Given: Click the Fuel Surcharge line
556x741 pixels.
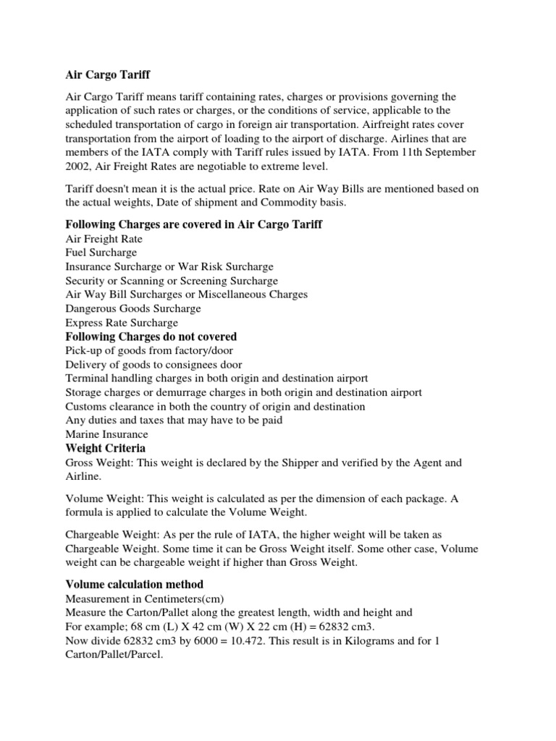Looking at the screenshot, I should (x=101, y=253).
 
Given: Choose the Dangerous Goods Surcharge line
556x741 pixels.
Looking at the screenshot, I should (x=133, y=308).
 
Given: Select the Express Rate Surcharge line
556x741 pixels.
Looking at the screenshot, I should (x=122, y=323).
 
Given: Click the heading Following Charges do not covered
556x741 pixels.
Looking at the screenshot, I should (x=151, y=336).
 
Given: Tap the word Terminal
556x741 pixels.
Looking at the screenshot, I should (x=87, y=378).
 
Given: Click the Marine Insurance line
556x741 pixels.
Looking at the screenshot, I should (x=106, y=434).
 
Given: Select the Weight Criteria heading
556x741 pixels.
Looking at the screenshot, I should (x=106, y=448).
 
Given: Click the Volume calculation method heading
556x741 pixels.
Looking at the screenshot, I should (x=135, y=584).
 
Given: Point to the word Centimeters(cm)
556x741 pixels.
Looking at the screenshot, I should (x=191, y=599).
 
